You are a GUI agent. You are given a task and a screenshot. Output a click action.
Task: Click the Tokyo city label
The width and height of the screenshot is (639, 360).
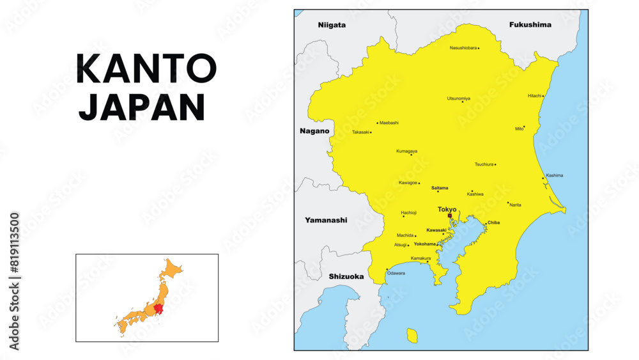(x=447, y=209)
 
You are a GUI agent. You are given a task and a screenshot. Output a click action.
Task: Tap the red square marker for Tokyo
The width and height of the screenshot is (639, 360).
(x=450, y=216)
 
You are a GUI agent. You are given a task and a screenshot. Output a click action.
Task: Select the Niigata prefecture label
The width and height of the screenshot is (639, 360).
(x=332, y=25)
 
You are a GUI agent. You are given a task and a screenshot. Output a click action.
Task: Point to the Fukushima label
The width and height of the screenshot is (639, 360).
(x=530, y=25)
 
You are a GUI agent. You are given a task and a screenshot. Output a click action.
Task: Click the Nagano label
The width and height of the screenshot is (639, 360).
(x=314, y=131)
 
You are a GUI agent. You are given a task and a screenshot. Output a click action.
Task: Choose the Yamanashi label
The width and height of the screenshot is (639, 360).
(x=326, y=220)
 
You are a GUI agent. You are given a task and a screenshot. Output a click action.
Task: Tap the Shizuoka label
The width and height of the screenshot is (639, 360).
(x=346, y=277)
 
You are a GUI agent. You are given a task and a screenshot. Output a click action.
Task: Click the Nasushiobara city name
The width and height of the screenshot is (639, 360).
(x=463, y=48)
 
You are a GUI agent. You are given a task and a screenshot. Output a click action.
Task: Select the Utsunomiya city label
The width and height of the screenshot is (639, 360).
(x=458, y=98)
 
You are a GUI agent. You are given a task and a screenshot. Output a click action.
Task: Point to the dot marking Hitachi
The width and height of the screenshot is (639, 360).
(x=543, y=97)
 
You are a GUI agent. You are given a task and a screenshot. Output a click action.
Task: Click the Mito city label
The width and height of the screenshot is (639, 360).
(x=519, y=129)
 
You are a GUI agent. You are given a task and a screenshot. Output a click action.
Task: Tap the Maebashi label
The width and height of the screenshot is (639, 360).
(x=389, y=123)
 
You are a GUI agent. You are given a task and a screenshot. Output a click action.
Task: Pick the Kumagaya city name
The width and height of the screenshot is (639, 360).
(x=406, y=151)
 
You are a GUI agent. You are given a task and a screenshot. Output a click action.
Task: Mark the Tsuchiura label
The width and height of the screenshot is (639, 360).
(x=484, y=164)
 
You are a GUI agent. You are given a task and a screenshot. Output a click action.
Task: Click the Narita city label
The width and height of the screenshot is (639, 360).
(x=515, y=205)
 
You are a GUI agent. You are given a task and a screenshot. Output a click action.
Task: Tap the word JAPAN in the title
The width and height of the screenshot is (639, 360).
(x=142, y=107)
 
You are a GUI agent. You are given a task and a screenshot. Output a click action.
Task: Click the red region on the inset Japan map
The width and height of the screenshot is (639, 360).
(x=158, y=309)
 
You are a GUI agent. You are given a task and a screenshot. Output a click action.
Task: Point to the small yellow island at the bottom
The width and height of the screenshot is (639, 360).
(x=412, y=336)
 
